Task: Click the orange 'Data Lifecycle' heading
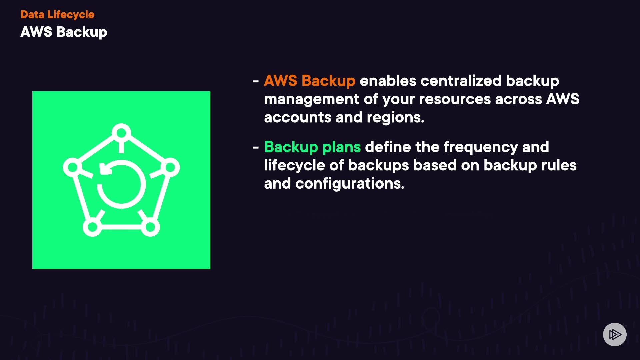(57, 14)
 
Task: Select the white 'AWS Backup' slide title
(64, 32)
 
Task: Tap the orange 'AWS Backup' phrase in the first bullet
(309, 81)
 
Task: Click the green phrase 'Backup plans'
(312, 147)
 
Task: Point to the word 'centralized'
(461, 81)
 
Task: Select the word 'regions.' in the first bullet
(395, 117)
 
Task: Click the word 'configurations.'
(350, 184)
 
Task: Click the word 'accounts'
(297, 117)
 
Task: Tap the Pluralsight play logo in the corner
(615, 334)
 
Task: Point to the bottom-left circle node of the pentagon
(92, 227)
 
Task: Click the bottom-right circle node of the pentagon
(150, 227)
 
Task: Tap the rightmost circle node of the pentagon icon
(170, 167)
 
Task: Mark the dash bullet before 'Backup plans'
(256, 147)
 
